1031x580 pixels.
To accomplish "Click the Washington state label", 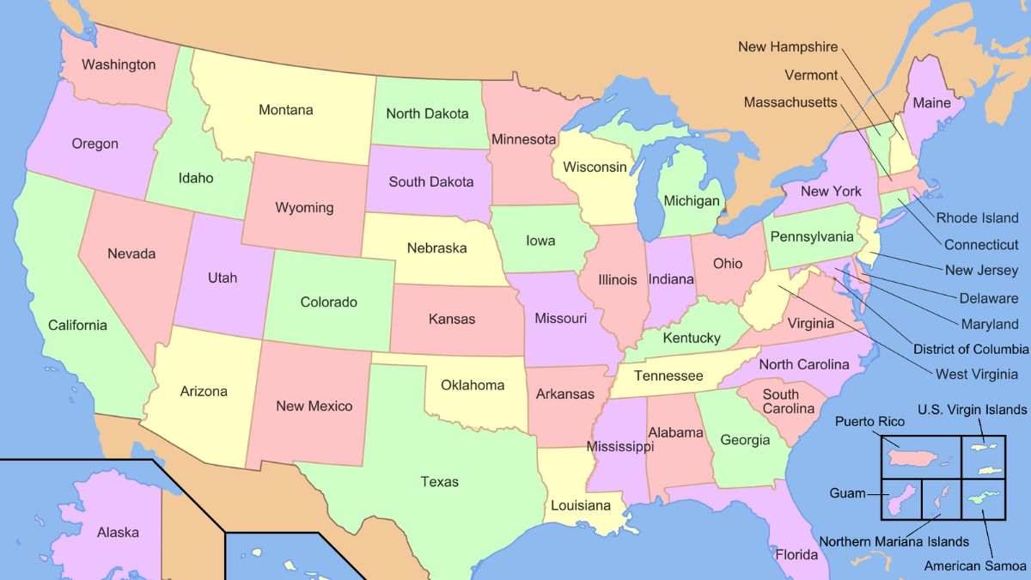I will (x=119, y=64).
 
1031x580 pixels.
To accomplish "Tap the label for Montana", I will (x=285, y=110).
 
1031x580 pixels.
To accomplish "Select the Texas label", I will (x=439, y=481).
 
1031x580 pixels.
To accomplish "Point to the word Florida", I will (x=796, y=554).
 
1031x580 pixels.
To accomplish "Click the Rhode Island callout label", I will (x=977, y=218).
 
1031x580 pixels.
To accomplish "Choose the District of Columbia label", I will (x=970, y=349).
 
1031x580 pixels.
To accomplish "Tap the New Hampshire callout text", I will (x=787, y=46).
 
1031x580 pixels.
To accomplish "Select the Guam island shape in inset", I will (x=901, y=498).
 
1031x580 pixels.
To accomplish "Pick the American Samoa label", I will (x=975, y=565).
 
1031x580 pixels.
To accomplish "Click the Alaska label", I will (x=118, y=532).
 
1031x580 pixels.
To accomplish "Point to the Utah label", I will (x=222, y=278).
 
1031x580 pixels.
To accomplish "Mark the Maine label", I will (x=931, y=103).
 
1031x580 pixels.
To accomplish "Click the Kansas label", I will (x=451, y=319).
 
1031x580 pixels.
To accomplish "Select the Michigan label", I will (x=691, y=201).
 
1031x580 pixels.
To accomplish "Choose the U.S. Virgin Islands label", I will (x=972, y=409).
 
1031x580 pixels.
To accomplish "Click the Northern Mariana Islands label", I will (x=894, y=541).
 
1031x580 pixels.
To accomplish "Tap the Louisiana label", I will (x=581, y=505).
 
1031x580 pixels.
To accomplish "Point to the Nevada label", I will (x=131, y=253).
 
